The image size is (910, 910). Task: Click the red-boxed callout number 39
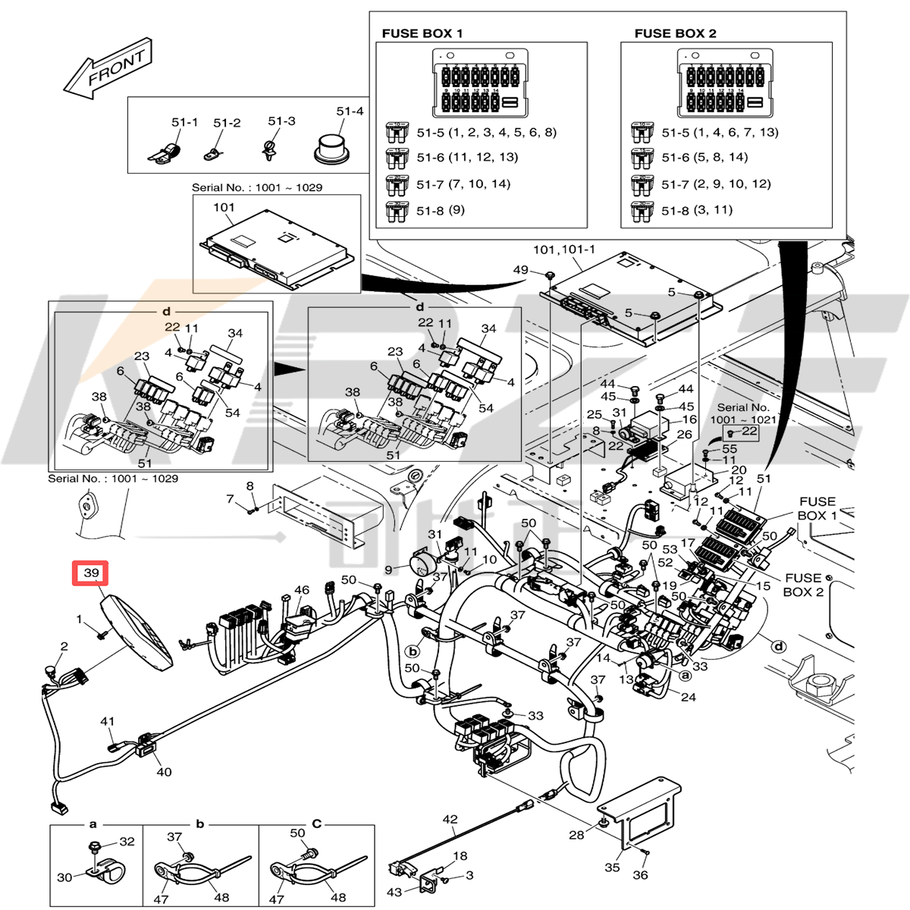(91, 573)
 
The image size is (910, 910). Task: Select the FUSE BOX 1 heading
(422, 33)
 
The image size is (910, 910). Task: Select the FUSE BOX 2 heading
(675, 33)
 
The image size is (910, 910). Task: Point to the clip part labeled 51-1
(167, 152)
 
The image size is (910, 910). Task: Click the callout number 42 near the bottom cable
(450, 819)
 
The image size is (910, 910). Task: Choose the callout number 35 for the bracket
(612, 868)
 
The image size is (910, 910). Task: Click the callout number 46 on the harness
(302, 590)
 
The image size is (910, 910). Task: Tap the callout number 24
(688, 697)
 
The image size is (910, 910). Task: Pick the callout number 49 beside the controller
(521, 270)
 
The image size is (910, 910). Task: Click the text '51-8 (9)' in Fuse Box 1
(441, 210)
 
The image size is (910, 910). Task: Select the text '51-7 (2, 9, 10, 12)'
(716, 184)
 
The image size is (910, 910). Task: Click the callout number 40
(164, 772)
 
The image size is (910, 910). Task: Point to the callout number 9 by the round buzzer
(388, 570)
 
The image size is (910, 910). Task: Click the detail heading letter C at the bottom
(317, 824)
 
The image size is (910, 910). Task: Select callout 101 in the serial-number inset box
(224, 207)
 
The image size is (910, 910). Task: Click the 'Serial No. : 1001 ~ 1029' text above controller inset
(256, 187)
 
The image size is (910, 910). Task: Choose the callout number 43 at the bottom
(394, 893)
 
